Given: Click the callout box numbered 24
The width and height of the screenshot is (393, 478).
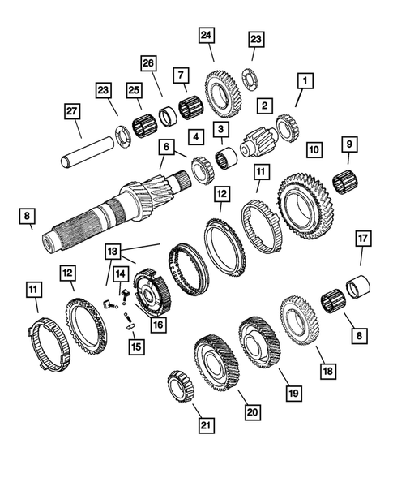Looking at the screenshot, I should [207, 35].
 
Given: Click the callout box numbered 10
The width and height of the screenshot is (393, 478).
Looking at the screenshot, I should [314, 149].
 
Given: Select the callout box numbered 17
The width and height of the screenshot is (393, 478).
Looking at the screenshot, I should [362, 239].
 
